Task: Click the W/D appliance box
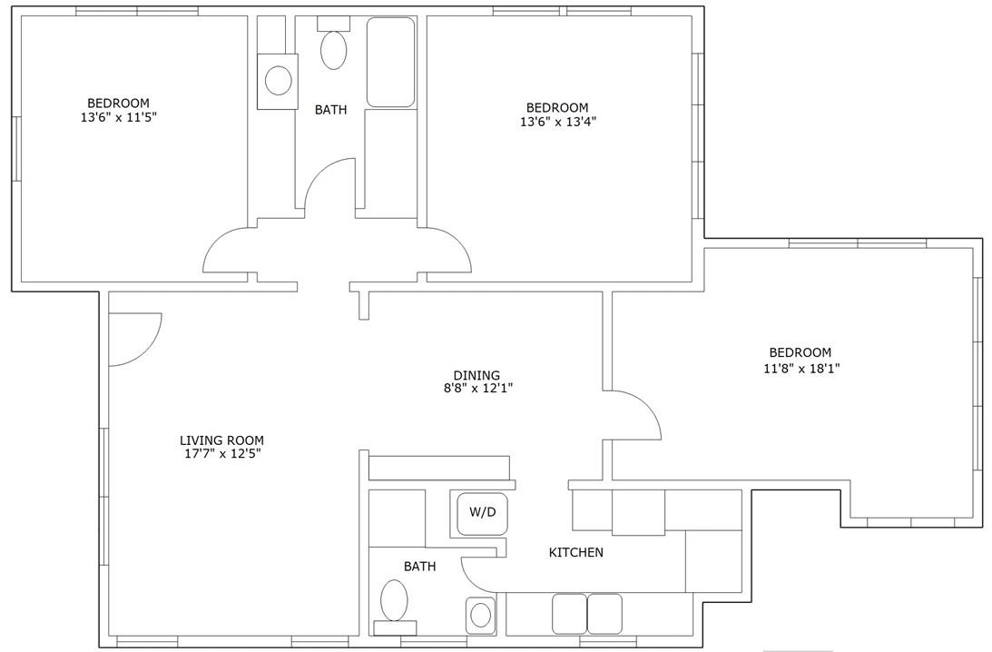tap(482, 512)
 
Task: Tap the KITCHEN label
tap(575, 552)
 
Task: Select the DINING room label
tap(476, 375)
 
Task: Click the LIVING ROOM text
tap(221, 440)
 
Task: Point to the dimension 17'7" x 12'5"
tap(221, 454)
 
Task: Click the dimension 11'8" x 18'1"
tap(799, 369)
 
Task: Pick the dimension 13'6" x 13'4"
tap(557, 121)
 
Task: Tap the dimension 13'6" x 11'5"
tap(118, 117)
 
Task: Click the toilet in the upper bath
tap(334, 50)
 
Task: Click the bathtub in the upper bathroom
tap(390, 62)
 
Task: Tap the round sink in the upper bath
tap(277, 81)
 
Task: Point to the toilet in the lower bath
tap(394, 601)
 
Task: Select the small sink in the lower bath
tap(479, 616)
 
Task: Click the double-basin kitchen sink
tap(587, 614)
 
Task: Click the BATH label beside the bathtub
tap(330, 110)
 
